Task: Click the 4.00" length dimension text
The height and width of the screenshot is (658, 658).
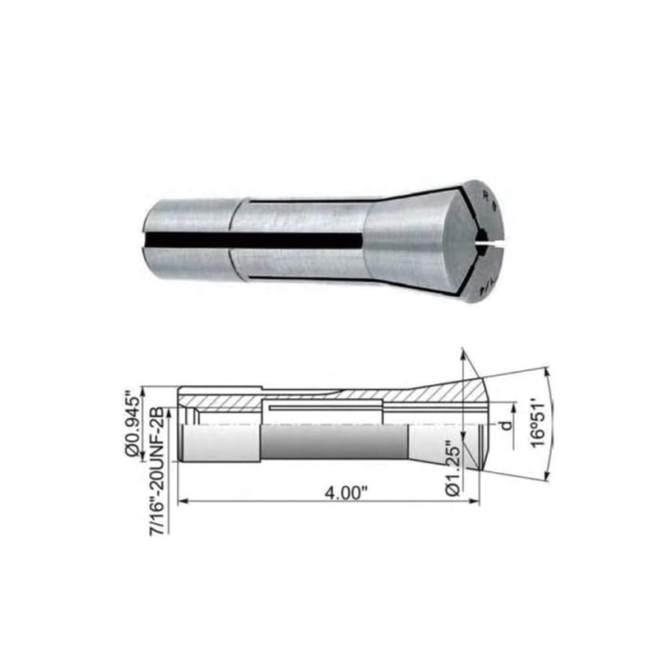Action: (x=345, y=493)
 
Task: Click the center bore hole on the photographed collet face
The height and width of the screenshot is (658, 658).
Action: (x=483, y=242)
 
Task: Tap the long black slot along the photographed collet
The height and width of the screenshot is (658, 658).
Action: (x=255, y=239)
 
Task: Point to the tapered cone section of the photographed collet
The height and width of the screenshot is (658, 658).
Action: (x=403, y=239)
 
